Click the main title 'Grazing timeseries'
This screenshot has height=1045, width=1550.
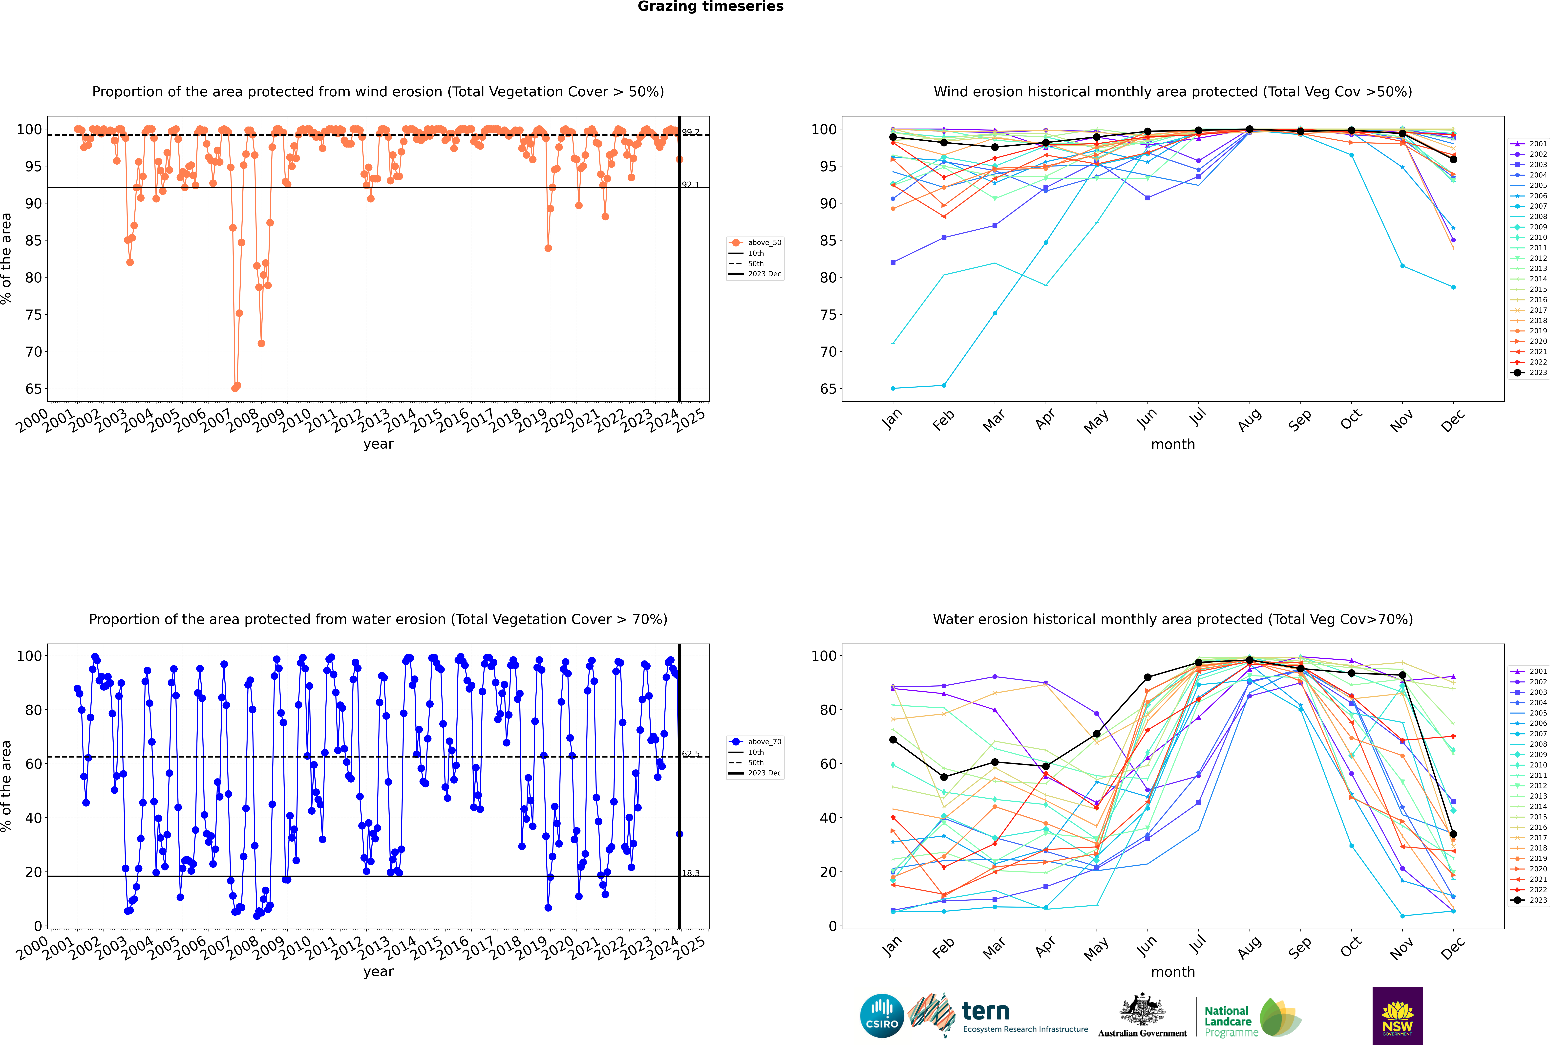coord(710,7)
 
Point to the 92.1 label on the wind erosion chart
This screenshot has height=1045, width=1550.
coord(690,185)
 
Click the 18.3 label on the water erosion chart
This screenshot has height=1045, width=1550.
coord(690,873)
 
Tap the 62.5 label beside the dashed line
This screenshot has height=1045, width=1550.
coord(690,754)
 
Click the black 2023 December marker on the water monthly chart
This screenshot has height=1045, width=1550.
coord(1453,834)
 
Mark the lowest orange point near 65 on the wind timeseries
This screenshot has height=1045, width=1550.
coord(234,388)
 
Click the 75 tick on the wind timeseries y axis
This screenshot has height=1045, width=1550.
coord(33,315)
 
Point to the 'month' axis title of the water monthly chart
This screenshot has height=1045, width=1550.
coord(1173,972)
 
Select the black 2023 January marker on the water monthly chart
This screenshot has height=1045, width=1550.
coord(893,740)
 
